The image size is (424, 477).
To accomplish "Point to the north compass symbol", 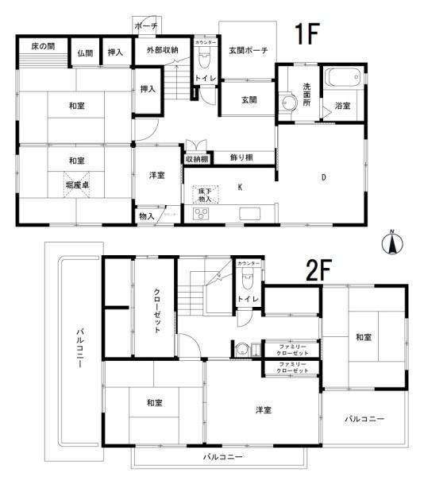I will coord(390,242).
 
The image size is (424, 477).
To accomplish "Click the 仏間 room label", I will coord(85,52).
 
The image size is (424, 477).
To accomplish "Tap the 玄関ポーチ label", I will coord(248,51).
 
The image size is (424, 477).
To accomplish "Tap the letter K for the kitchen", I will coord(239,188).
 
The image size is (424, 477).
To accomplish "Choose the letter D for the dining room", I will coord(323,178).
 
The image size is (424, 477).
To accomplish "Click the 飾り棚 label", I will coord(242,158).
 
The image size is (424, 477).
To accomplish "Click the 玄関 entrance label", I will coord(249,100).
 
